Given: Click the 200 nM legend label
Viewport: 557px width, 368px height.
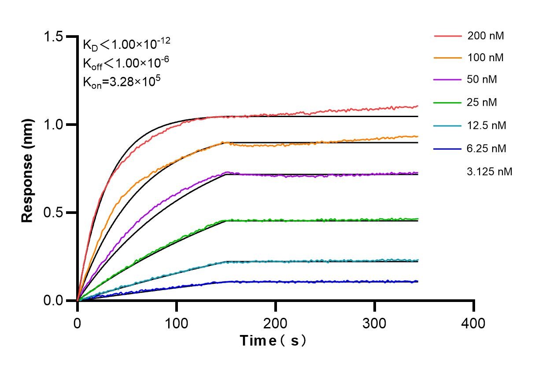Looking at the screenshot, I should pos(486,36).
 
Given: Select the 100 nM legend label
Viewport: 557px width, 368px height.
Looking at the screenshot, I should pos(486,58).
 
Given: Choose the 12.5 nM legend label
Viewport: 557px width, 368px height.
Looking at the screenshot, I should pos(487,125).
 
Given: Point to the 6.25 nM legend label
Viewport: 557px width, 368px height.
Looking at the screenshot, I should pos(487,148).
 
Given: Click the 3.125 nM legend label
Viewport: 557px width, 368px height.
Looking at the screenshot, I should pos(490,172).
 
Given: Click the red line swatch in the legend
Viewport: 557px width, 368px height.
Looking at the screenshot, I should pos(448,36).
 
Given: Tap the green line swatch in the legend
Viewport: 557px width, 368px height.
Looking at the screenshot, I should pos(448,103).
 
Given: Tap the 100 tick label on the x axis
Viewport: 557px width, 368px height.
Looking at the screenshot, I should pos(176,324).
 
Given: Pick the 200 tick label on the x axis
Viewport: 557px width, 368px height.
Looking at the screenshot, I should pos(276,324).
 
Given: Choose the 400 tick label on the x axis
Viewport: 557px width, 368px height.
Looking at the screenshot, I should pos(474,324).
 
